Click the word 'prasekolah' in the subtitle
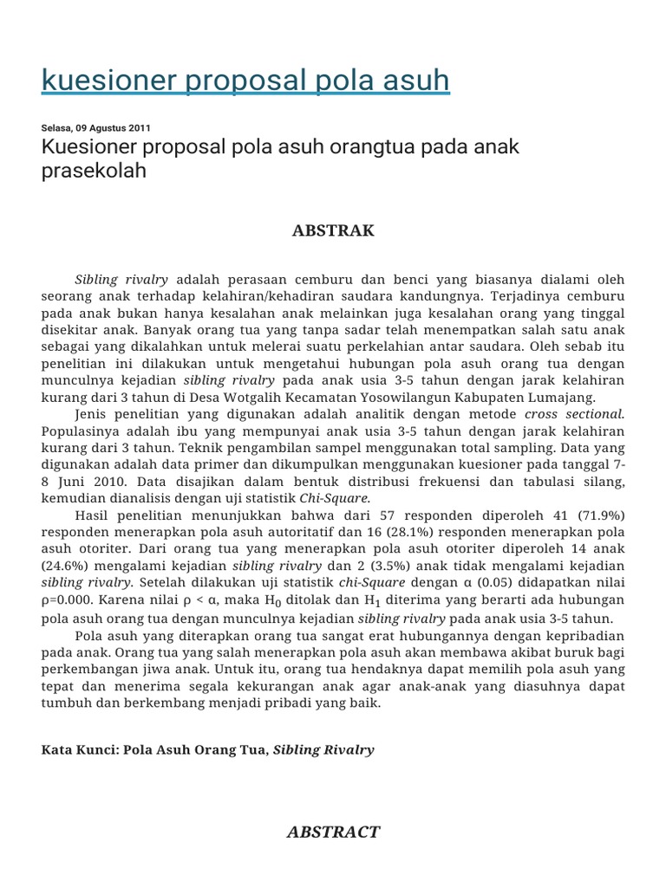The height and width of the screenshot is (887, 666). (x=94, y=171)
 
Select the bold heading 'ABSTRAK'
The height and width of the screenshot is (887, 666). (x=333, y=230)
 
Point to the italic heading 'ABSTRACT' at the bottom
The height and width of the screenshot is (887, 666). (x=333, y=832)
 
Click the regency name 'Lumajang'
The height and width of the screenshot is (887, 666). (x=563, y=397)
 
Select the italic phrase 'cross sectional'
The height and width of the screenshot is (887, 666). (x=574, y=414)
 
